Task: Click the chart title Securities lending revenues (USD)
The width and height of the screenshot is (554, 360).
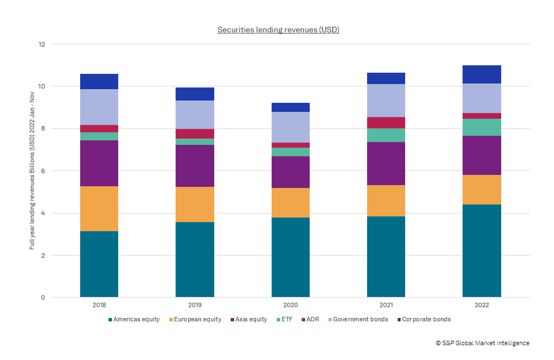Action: [x=278, y=30]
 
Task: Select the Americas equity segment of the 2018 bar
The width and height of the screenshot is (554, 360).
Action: [x=99, y=264]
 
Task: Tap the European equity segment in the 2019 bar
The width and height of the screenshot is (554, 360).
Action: [x=194, y=204]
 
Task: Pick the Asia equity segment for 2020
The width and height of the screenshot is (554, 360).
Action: [x=290, y=172]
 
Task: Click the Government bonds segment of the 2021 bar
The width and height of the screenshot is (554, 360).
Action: [x=386, y=101]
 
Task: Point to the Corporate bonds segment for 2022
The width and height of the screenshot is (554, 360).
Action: [x=481, y=74]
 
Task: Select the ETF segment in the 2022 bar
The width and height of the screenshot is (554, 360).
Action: [x=481, y=127]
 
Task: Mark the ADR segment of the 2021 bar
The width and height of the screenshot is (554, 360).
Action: [x=386, y=123]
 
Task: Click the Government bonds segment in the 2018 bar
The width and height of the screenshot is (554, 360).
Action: [x=99, y=107]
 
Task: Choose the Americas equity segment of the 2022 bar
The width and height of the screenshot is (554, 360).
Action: [x=481, y=250]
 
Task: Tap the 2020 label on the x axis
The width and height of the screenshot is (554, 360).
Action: [x=290, y=305]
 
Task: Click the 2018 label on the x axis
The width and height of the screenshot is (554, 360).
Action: [x=99, y=305]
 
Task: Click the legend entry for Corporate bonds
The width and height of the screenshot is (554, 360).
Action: [x=425, y=320]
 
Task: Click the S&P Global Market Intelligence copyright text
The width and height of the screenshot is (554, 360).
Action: [x=482, y=343]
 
